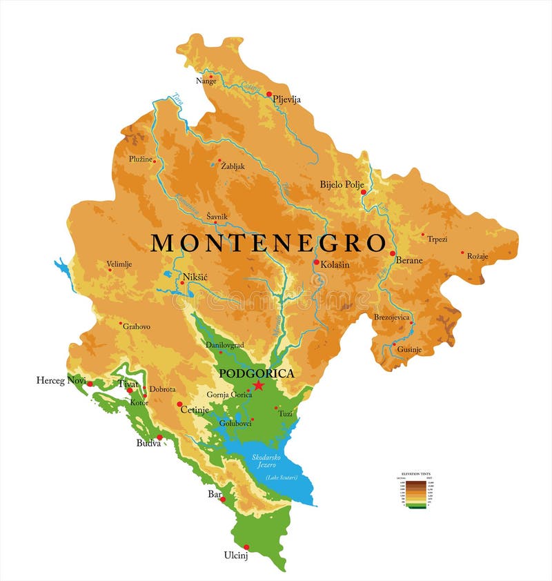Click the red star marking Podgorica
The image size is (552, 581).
(x=259, y=385)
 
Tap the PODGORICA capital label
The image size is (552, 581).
(x=256, y=373)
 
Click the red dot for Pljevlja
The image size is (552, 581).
(x=270, y=95)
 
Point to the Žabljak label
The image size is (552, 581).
(x=233, y=166)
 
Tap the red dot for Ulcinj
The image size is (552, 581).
(x=246, y=547)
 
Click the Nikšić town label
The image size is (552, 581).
(x=195, y=277)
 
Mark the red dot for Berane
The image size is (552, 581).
(x=393, y=254)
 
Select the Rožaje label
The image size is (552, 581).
(x=477, y=257)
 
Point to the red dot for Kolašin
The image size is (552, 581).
(x=316, y=262)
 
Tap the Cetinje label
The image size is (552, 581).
(x=195, y=409)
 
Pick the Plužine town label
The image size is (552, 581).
(x=141, y=159)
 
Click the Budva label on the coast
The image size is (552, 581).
(x=148, y=443)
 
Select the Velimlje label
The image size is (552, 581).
(x=119, y=263)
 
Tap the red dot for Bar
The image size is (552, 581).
(x=223, y=499)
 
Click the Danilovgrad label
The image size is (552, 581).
(x=225, y=344)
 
